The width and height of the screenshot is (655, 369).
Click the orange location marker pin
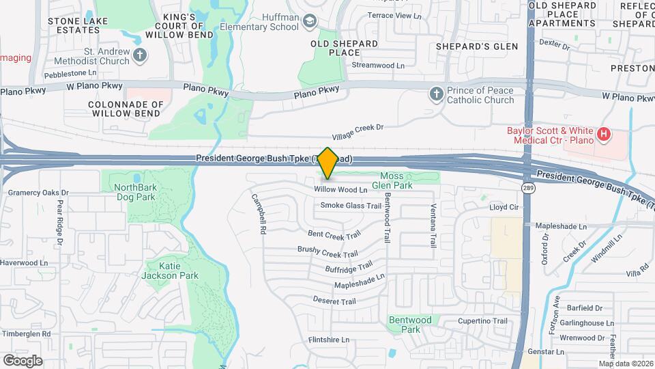point(328,163)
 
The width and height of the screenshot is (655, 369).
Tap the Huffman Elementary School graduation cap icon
point(310,21)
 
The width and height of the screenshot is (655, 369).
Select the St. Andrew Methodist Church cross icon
point(140,55)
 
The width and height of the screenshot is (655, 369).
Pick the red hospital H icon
point(603,135)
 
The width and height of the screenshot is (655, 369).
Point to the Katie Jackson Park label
point(159,271)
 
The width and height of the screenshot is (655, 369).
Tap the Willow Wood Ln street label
point(340,189)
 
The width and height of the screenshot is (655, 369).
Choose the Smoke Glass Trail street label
point(351,205)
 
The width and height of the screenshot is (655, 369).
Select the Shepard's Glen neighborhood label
point(478,46)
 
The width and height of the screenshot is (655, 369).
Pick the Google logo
point(23,360)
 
